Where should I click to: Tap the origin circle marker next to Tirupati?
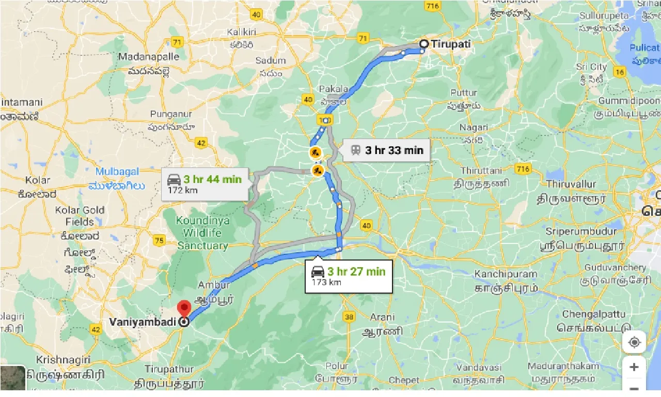(423, 44)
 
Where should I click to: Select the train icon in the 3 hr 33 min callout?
(355, 150)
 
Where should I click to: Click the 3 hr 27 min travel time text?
(356, 271)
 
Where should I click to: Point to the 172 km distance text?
(182, 190)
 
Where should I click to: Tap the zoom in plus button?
(634, 367)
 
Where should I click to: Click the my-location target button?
(634, 342)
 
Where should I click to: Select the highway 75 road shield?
(159, 240)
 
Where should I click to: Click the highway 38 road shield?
(349, 317)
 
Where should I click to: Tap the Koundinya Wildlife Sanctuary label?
(201, 233)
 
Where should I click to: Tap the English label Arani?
(382, 317)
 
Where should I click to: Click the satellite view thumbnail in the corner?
(12, 378)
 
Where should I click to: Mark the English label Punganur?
(171, 114)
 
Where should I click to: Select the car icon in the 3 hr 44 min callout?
(174, 180)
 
